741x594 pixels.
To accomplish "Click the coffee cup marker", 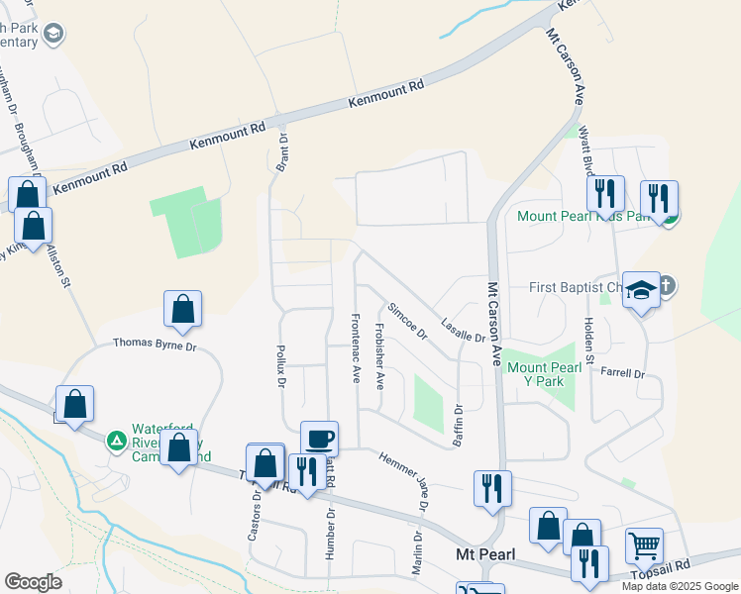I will click(318, 437).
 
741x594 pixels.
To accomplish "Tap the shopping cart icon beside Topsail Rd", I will click(644, 544).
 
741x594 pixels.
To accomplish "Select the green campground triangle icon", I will click(117, 440).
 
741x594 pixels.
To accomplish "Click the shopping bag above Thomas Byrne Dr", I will click(183, 310).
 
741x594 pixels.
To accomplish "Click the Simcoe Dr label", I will click(407, 322).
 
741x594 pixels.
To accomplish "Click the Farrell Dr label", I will click(622, 374).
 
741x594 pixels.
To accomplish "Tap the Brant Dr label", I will click(281, 153).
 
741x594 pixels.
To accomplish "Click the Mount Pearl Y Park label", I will click(544, 374).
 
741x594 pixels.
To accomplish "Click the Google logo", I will click(33, 582).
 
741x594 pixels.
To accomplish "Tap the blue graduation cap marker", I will click(642, 291).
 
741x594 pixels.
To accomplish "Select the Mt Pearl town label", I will click(480, 554).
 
